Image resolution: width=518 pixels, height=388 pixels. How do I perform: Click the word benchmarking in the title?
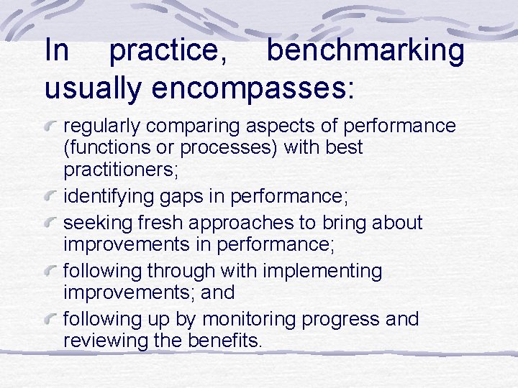(x=365, y=51)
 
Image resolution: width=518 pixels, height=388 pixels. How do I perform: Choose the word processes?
(x=242, y=149)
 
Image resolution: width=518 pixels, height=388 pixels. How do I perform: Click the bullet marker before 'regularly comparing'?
(x=53, y=127)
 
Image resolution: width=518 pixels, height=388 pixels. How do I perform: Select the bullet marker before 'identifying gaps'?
(x=53, y=195)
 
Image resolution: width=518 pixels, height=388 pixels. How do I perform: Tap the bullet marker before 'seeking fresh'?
(x=53, y=223)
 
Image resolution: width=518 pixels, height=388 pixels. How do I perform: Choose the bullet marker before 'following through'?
(x=53, y=272)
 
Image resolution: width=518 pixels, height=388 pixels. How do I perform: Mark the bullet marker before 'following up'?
(x=53, y=319)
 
